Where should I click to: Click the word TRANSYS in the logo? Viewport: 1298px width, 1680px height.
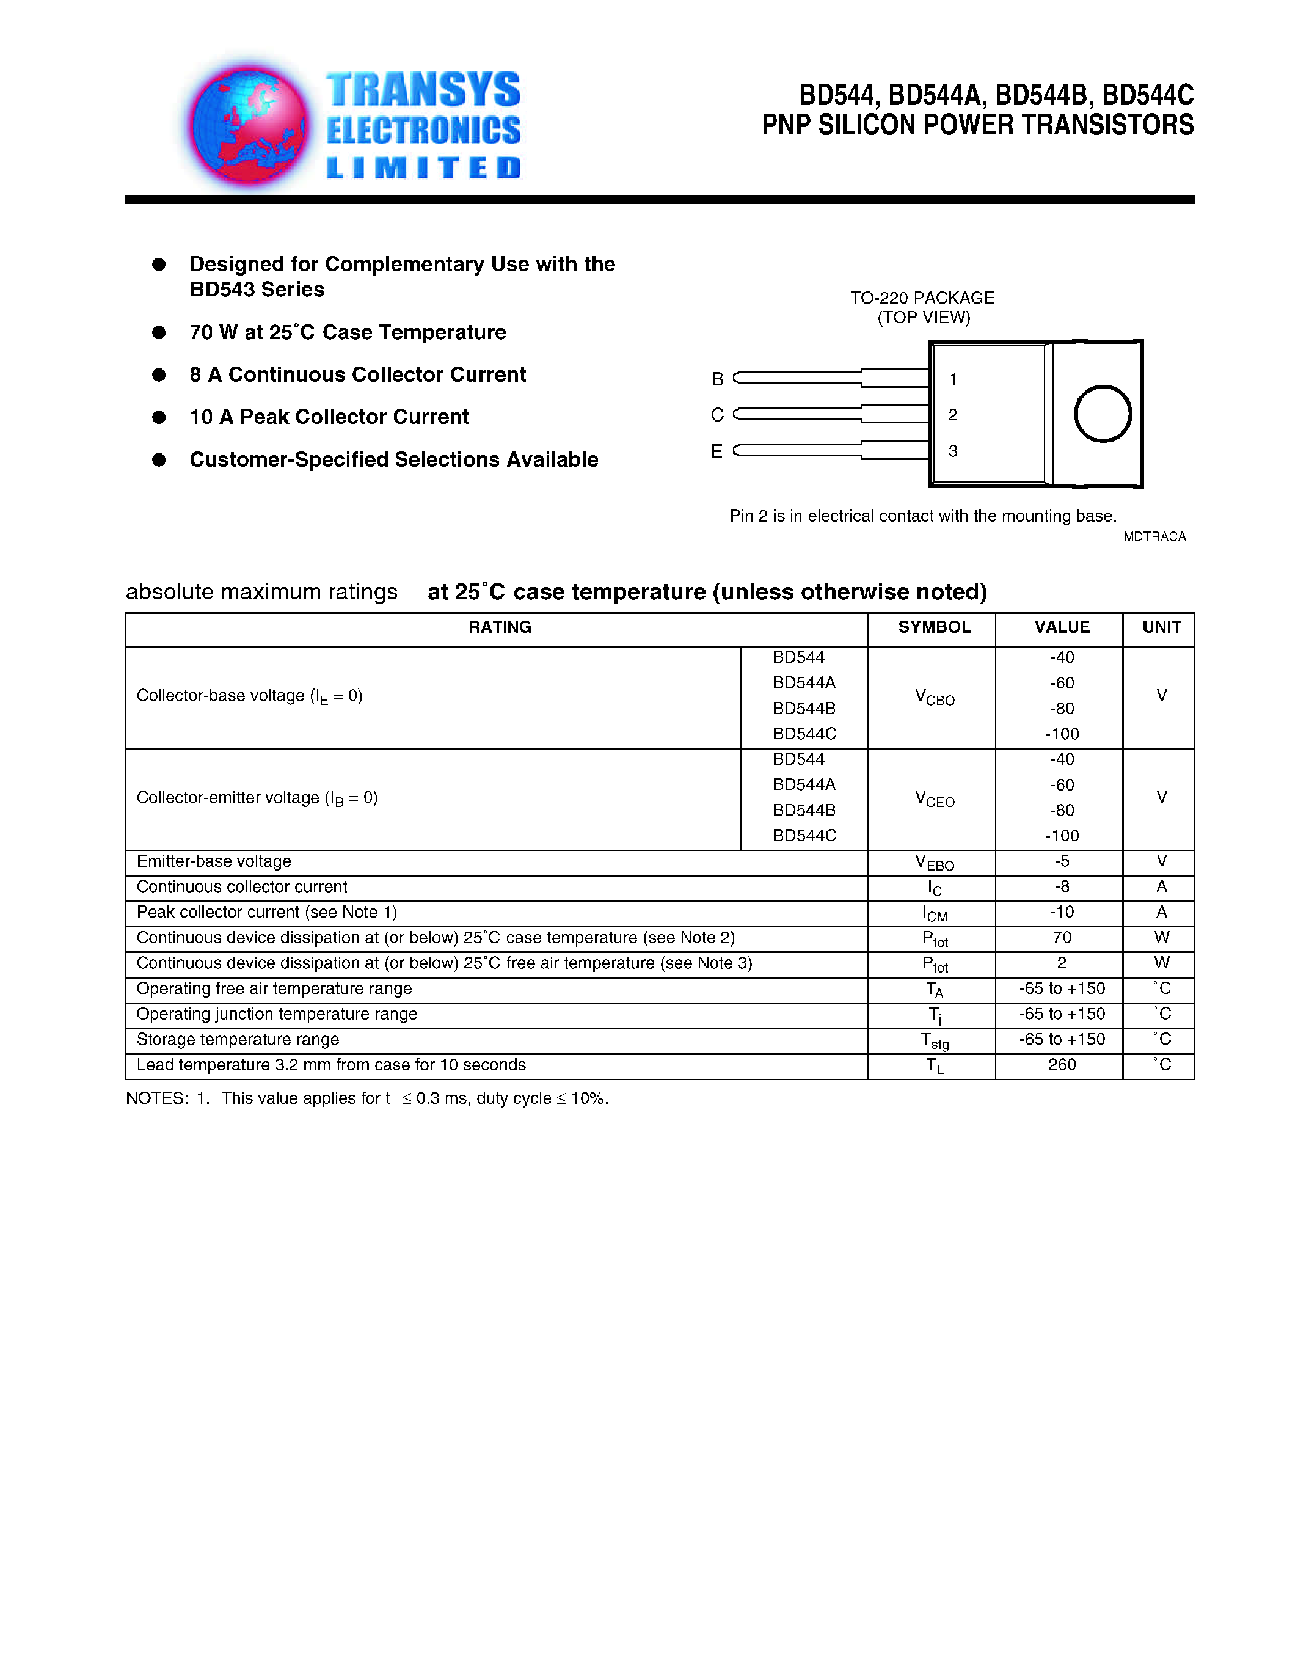pos(423,90)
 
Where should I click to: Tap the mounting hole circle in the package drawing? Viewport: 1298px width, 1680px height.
pos(1102,414)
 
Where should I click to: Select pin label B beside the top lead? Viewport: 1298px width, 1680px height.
pos(716,379)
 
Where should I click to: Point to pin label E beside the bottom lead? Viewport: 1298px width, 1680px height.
pos(716,451)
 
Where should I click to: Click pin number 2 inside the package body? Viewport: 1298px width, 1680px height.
pos(953,415)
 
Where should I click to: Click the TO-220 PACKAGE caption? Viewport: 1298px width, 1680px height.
pos(922,298)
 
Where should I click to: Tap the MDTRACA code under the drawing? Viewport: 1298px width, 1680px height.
pos(1154,536)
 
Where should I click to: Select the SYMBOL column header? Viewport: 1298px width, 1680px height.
pos(935,627)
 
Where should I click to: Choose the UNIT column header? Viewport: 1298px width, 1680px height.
pos(1161,627)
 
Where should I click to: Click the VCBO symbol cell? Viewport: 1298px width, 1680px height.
pos(935,698)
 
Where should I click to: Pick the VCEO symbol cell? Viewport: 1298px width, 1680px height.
pos(935,799)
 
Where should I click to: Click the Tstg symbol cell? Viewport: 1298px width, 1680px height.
pos(935,1041)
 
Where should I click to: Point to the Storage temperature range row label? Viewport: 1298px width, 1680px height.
pos(238,1040)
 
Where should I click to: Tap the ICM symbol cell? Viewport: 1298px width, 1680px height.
pos(935,913)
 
